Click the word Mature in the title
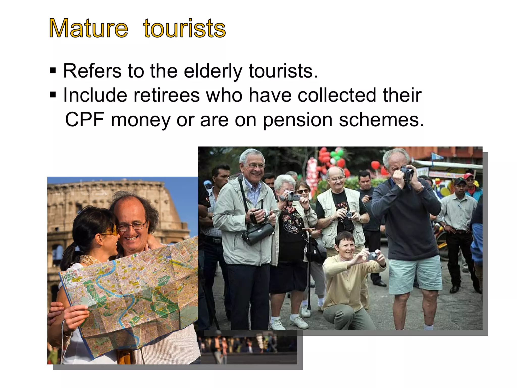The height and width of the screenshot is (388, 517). pos(88,28)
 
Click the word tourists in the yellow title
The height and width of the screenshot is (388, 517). pos(184,28)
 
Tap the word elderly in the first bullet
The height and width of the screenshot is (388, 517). pos(213,71)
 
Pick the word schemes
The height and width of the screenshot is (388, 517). pos(381,119)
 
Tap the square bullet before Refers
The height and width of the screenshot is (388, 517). pos(53,70)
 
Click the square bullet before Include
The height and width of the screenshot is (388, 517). pos(53,95)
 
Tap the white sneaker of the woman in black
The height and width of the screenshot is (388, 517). pos(299,322)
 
